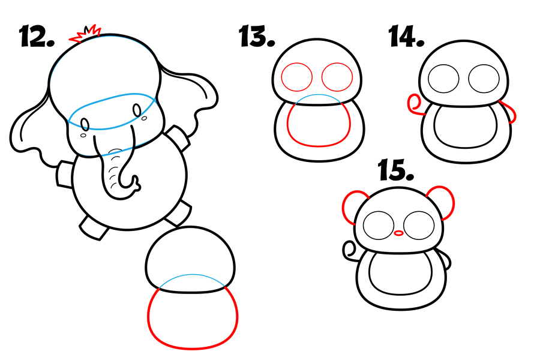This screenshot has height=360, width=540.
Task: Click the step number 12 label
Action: pos(37,36)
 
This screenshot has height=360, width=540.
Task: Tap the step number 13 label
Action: pos(257,36)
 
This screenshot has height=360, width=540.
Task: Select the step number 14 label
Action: pos(406,36)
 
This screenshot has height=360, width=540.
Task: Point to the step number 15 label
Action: pos(396,169)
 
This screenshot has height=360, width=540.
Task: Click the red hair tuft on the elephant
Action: pos(85,34)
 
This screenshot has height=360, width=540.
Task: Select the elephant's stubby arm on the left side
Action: pos(64,175)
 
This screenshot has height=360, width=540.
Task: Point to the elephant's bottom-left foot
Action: pos(94,227)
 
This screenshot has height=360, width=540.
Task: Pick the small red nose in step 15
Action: pos(398,233)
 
